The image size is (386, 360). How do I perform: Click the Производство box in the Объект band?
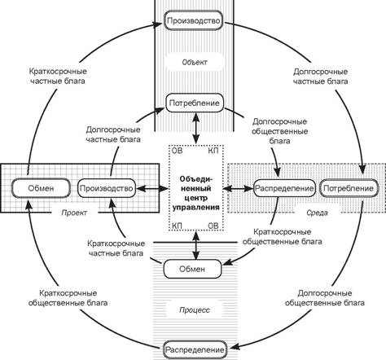(x=193, y=20)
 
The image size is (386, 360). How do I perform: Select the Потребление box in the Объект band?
(x=195, y=103)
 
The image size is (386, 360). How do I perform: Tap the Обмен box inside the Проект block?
(x=41, y=188)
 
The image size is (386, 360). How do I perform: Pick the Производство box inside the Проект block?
(x=107, y=188)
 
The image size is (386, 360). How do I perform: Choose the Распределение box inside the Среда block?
(x=284, y=188)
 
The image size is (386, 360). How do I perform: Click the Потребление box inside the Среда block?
(x=349, y=188)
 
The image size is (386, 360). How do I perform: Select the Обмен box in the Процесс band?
(x=192, y=269)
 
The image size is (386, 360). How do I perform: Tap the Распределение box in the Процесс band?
(x=195, y=349)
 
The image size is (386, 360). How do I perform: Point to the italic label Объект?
(x=195, y=63)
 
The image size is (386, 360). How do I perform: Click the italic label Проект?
(x=74, y=213)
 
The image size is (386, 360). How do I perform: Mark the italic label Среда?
(x=317, y=213)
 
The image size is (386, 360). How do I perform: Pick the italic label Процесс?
(x=195, y=310)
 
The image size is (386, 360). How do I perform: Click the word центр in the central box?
(x=195, y=198)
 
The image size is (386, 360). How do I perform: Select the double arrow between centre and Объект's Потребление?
(x=196, y=128)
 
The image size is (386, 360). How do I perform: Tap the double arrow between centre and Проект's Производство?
(x=152, y=188)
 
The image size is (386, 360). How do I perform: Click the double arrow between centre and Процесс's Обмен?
(x=196, y=245)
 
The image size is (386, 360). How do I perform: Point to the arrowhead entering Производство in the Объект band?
(x=158, y=24)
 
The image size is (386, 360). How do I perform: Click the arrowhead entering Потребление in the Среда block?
(x=362, y=173)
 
